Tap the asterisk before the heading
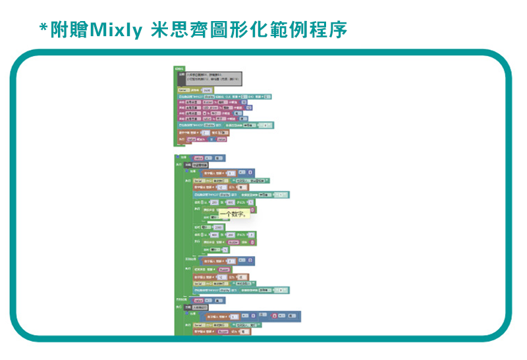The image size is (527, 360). pyautogui.click(x=43, y=29)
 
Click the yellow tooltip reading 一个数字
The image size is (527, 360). pyautogui.click(x=233, y=213)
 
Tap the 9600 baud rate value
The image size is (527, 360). pyautogui.click(x=207, y=90)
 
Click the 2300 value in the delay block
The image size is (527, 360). pyautogui.click(x=219, y=227)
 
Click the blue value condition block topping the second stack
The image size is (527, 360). pyautogui.click(x=209, y=158)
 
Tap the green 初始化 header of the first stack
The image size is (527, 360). pyautogui.click(x=179, y=68)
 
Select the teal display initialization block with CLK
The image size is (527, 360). pyautogui.click(x=224, y=96)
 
